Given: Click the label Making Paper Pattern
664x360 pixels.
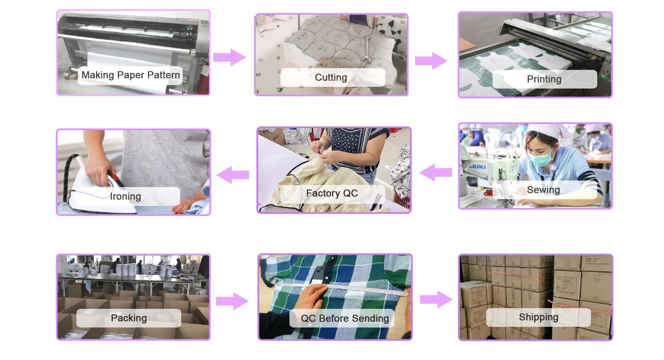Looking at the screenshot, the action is point(130,75).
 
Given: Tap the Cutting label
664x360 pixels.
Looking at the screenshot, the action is point(331,77).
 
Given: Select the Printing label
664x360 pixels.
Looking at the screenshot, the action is point(544,79).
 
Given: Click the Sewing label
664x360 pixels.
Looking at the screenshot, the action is point(543,190).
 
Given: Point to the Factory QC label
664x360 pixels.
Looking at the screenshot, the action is point(332,193).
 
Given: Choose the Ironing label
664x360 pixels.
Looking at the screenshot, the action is point(126,196).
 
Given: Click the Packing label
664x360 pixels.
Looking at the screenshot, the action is point(129,318).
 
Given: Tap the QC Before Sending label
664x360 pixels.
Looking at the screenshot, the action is point(344,319).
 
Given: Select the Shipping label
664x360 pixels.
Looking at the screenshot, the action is point(538,317).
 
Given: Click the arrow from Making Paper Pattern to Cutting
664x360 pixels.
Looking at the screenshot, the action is point(229,57).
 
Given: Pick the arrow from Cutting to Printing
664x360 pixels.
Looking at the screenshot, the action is point(431,61).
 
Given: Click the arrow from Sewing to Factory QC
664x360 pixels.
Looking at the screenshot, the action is point(436,172).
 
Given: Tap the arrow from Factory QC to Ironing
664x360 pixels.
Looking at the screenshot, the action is point(233,175).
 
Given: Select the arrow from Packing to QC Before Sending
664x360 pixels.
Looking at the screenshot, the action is point(232,301).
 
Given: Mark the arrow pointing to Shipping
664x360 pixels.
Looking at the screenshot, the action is point(436,299).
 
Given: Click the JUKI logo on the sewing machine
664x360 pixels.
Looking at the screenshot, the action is point(478,167).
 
